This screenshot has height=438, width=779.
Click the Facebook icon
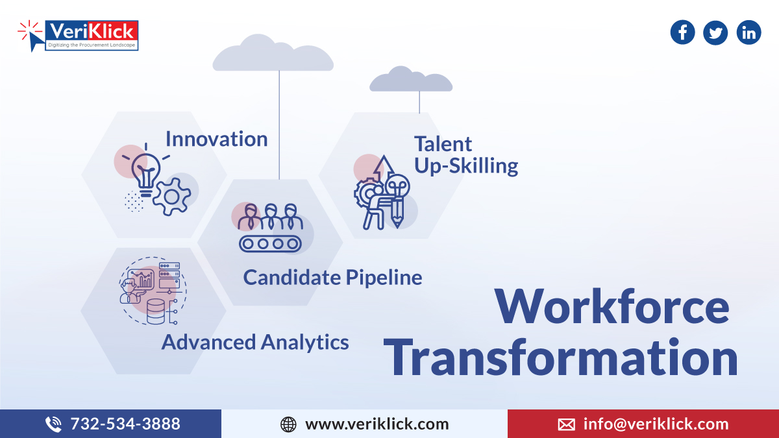682,32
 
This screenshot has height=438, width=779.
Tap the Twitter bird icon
715,32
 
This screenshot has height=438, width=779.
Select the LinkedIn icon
748,32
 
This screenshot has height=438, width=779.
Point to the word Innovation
216,139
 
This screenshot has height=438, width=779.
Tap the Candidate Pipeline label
332,278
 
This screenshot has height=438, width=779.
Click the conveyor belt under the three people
270,243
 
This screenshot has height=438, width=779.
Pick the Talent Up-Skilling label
465,155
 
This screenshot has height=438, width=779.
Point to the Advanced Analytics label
255,342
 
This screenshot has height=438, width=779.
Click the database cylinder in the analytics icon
156,311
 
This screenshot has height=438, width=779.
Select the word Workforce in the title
612,307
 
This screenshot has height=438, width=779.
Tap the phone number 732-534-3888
125,424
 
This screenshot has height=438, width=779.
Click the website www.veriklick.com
377,424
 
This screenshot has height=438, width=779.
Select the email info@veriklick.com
656,424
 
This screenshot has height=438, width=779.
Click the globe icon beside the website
288,424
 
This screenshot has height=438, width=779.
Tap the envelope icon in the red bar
566,424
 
